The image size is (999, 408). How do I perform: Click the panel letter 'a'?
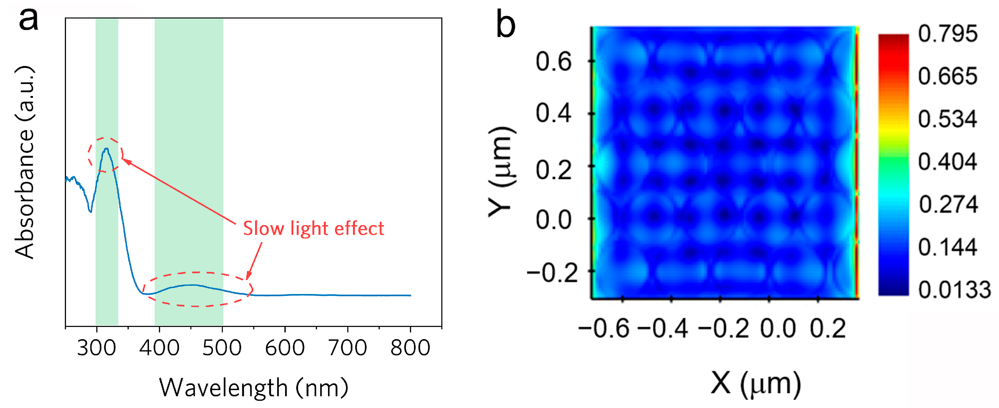29,19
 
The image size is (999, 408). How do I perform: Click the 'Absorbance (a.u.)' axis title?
25,162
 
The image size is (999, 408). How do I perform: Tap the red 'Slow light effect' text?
313,228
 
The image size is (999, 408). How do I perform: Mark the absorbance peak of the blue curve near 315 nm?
106,149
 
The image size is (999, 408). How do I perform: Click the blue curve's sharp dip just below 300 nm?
91,211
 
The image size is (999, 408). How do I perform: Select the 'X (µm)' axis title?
756,384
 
